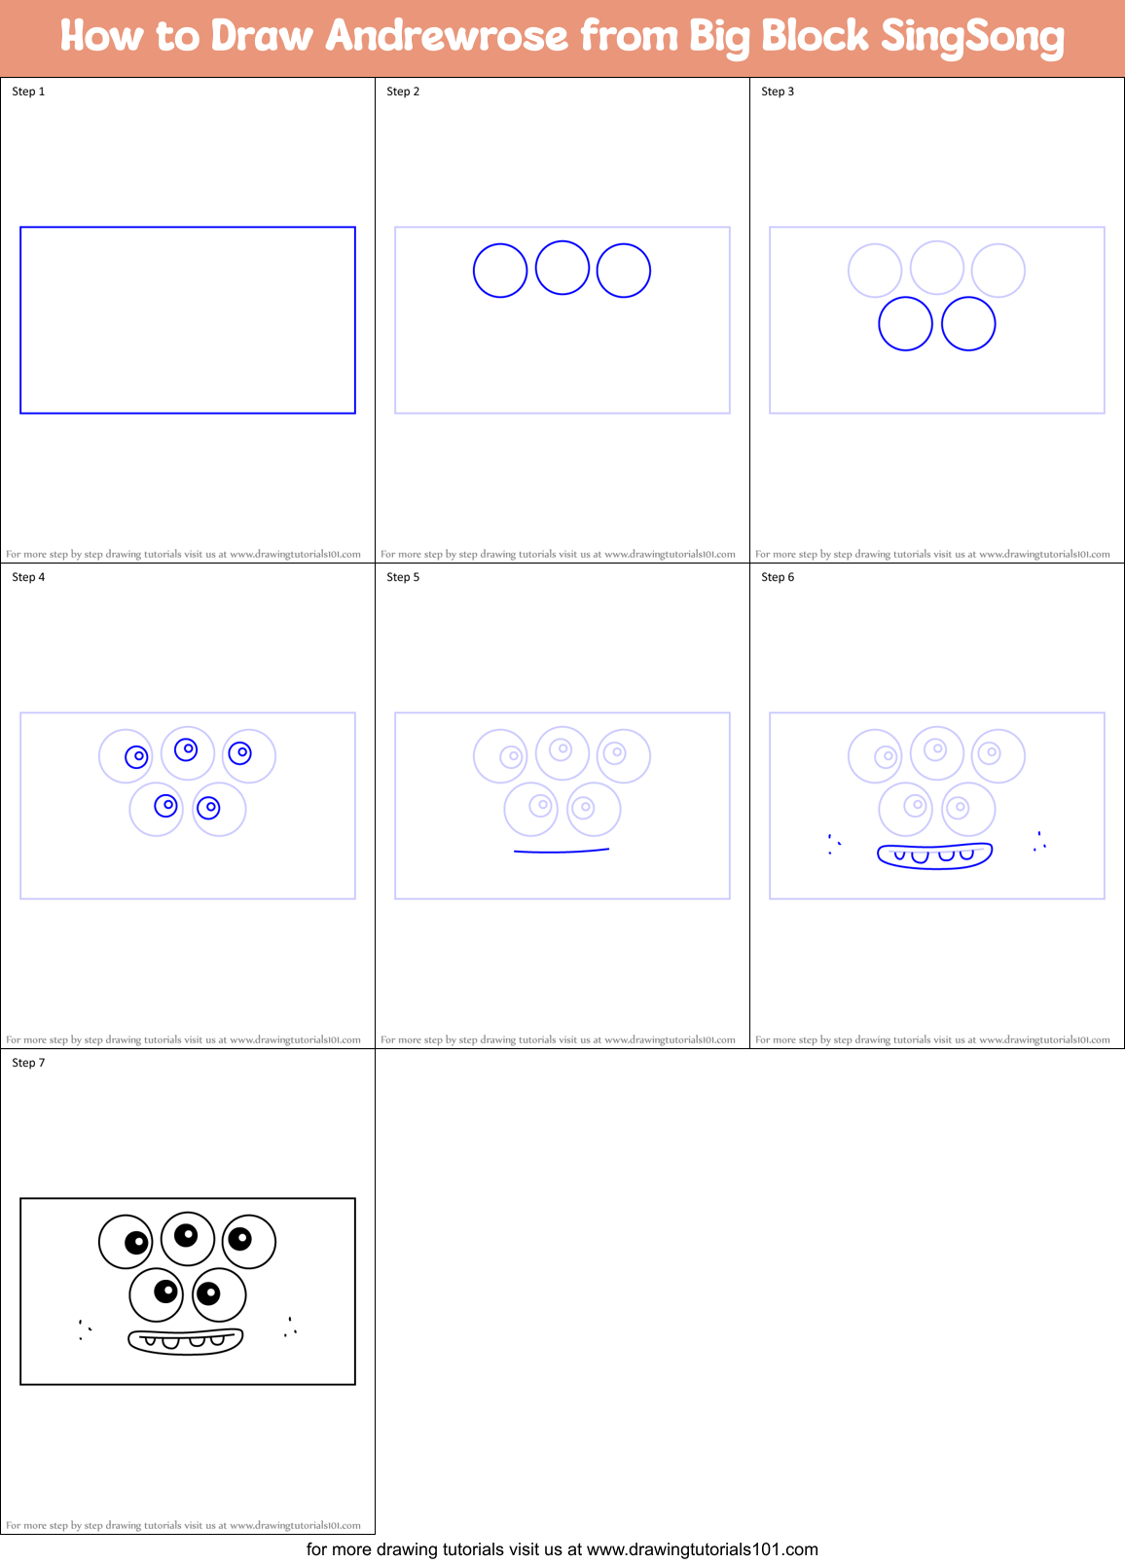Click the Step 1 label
point(28,91)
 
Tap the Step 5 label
point(403,577)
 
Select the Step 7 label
point(28,1063)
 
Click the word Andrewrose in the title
point(446,37)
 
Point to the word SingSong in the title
point(971,37)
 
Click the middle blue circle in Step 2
point(562,268)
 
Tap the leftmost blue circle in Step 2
point(500,271)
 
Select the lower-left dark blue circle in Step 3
point(905,324)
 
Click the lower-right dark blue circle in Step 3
point(968,324)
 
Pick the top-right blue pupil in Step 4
point(239,752)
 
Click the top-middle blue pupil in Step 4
point(186,749)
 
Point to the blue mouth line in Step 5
point(562,852)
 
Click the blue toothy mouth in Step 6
point(934,855)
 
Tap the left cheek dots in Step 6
point(833,844)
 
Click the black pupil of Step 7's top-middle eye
point(186,1235)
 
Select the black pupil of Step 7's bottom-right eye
point(207,1293)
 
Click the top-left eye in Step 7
point(126,1242)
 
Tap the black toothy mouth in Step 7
point(185,1340)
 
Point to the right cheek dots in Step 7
point(290,1327)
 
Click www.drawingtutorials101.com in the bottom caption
point(702,1549)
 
